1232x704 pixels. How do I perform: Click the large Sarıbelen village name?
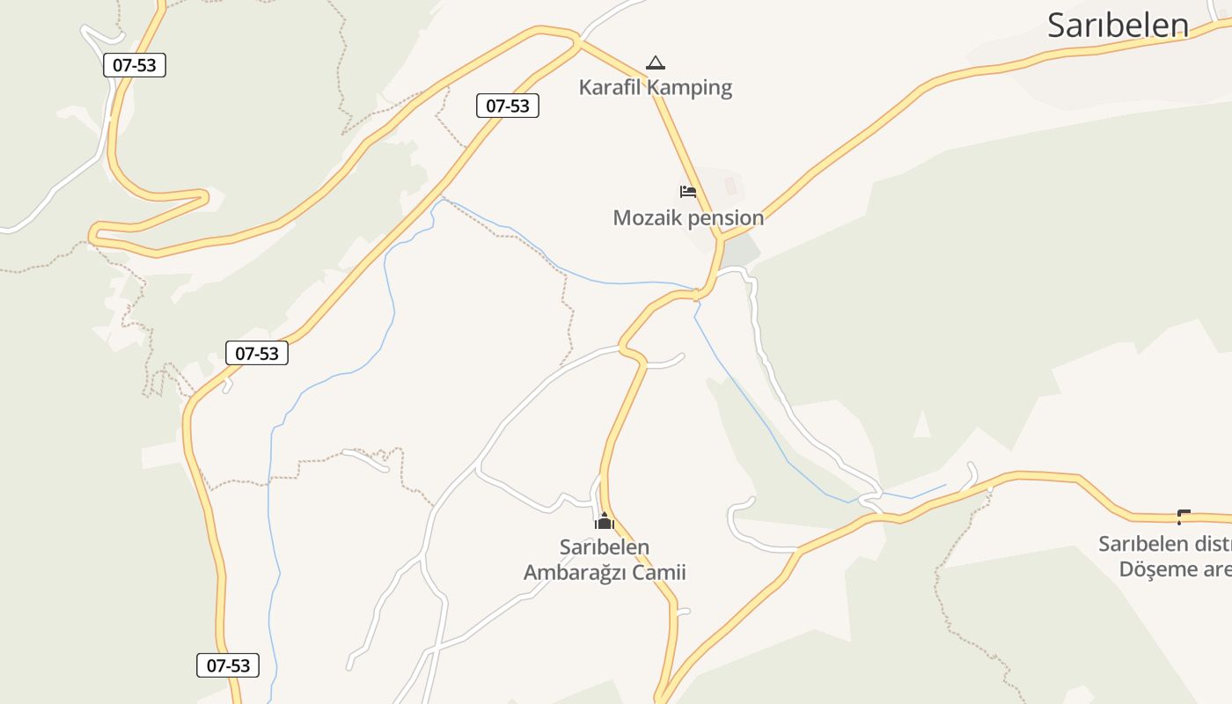(1118, 25)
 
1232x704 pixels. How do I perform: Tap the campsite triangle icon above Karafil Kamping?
(655, 62)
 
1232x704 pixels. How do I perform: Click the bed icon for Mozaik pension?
(688, 192)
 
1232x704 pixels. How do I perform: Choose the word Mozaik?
(646, 217)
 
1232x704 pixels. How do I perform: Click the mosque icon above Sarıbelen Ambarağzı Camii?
(605, 521)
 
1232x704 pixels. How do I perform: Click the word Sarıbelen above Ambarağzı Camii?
(605, 547)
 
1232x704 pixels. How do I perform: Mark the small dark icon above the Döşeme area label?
(1184, 517)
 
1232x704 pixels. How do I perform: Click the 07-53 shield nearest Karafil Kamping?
(508, 106)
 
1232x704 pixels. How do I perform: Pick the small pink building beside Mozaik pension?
(730, 186)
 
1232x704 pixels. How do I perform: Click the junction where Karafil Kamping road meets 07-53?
(578, 39)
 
